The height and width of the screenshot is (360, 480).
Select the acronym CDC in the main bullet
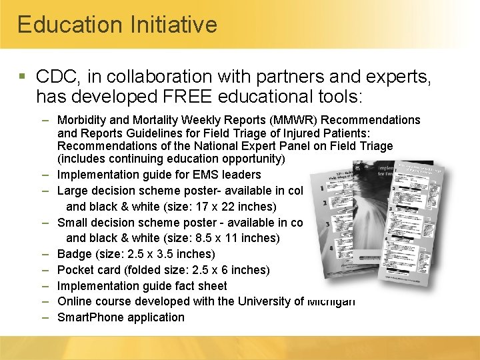coord(59,77)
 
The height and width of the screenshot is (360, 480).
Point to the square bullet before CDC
coord(24,77)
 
